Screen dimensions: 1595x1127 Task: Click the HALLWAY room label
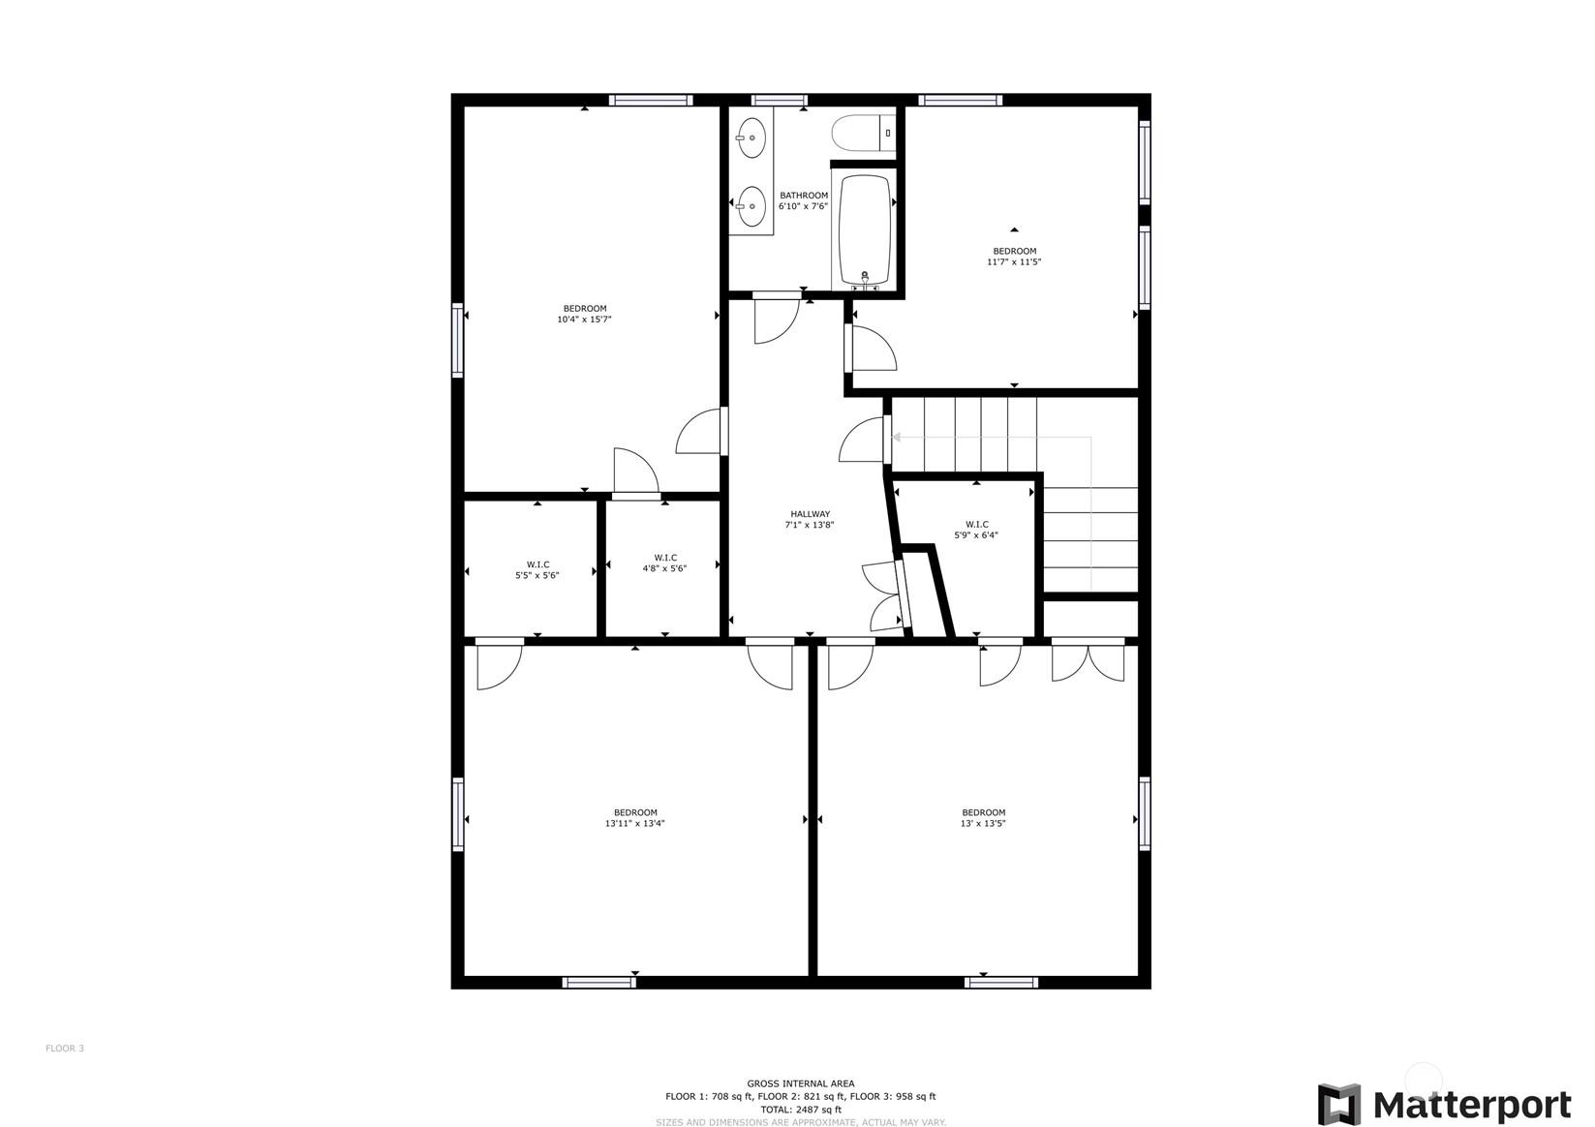[810, 514]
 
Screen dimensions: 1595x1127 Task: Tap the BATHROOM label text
[803, 195]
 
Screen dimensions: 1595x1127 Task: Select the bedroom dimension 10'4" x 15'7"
[584, 320]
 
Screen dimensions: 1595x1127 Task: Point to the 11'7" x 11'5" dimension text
[1014, 262]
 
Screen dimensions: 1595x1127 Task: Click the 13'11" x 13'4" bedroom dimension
[635, 824]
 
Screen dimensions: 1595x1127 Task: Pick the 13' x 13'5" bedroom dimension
[983, 824]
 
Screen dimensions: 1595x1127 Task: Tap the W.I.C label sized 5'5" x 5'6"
[537, 564]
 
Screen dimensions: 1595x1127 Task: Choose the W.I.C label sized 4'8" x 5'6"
[665, 558]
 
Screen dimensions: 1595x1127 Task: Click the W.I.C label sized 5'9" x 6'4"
[976, 524]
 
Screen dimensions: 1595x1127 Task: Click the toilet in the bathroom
[863, 133]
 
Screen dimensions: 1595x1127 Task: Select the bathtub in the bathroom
[865, 229]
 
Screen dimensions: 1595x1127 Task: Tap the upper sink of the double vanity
[751, 137]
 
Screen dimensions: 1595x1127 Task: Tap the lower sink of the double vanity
[751, 206]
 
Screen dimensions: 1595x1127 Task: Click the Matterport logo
[1444, 1105]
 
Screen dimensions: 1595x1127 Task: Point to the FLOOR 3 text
[65, 1048]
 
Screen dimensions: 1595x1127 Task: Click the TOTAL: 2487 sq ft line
[800, 1110]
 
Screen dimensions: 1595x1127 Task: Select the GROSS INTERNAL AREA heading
[800, 1083]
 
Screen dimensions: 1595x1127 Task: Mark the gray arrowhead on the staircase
[897, 437]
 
